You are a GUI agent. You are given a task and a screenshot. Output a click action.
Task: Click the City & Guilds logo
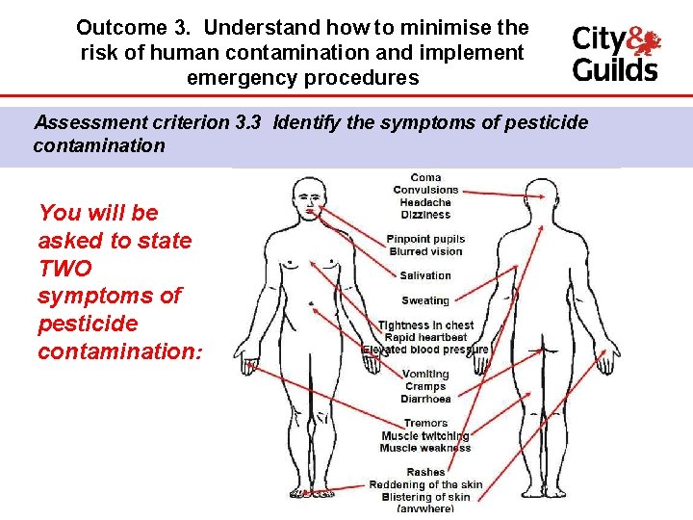[616, 54]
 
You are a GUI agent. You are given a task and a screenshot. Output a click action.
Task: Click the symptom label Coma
[425, 177]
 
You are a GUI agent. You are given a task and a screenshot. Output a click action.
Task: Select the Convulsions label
[425, 190]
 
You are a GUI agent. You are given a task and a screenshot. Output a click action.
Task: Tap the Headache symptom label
[425, 202]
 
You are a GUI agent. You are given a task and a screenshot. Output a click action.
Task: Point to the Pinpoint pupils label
[425, 239]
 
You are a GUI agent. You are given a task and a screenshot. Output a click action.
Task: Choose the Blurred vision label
[425, 251]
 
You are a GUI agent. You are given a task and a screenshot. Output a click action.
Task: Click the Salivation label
[425, 275]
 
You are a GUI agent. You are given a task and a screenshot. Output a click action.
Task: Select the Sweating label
[425, 300]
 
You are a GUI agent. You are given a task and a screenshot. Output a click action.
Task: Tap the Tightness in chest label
[425, 325]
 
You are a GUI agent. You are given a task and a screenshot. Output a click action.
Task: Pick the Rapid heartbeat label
[425, 338]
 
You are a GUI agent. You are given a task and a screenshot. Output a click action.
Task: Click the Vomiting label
[425, 374]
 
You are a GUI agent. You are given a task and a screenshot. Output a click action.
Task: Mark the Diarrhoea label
[425, 399]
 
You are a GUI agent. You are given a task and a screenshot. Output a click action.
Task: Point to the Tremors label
[425, 423]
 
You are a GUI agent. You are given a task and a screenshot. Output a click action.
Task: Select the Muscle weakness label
[425, 448]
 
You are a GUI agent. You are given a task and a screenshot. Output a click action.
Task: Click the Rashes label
[425, 472]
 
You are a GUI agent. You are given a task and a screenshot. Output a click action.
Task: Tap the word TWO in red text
[66, 268]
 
